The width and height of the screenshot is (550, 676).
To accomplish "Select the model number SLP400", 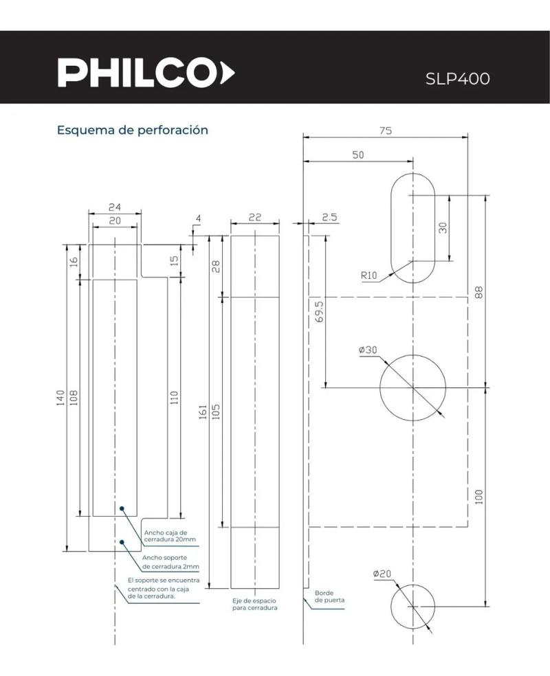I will (458, 78).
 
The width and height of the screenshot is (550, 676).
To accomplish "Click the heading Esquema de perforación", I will (132, 130).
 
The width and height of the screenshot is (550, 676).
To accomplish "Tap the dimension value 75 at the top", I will (385, 131).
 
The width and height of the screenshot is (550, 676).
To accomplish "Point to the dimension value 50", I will (357, 155).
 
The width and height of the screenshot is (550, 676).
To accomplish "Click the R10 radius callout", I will (369, 276).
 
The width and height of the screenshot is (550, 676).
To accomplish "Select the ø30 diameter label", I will (368, 350).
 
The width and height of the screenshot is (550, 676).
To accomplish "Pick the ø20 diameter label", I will (382, 574).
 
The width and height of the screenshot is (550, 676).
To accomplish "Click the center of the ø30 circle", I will (412, 387).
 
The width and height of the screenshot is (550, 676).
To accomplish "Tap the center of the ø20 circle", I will (412, 607).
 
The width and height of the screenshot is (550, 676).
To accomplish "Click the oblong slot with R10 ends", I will (412, 227).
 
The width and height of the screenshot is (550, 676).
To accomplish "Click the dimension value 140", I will (60, 397).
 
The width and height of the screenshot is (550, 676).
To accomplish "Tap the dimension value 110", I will (174, 397).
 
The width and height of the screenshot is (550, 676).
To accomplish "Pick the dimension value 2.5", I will (329, 217).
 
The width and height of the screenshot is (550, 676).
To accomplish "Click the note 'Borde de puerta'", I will (329, 596).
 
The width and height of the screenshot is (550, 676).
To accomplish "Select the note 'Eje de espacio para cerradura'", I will (255, 605).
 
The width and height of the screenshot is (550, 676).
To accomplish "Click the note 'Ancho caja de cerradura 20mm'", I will (169, 536).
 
